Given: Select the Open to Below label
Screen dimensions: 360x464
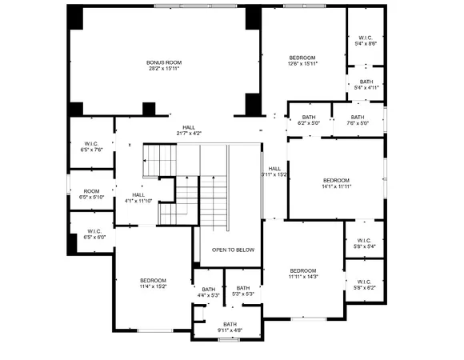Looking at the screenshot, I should [233, 250].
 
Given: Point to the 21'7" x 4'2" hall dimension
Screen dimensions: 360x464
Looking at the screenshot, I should [189, 134].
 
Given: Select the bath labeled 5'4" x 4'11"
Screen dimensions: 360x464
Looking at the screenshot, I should [366, 84].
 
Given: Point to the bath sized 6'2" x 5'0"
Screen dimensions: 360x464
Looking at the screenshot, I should [309, 120].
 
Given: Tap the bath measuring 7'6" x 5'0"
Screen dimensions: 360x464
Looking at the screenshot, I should [358, 120].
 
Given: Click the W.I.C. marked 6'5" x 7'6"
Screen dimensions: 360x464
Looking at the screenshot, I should [92, 146].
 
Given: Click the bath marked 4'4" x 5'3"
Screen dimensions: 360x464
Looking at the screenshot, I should [208, 293].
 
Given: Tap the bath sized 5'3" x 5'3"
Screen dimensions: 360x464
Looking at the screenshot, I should [243, 291].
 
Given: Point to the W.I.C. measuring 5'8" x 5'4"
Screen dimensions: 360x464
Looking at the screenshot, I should [364, 243].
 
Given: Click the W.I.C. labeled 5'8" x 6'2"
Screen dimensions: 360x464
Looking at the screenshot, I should [364, 283].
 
